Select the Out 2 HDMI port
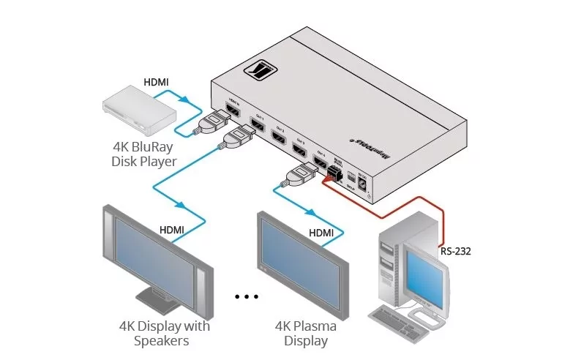coord(279,137)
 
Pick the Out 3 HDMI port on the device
coord(299,149)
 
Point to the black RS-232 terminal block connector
coord(336,174)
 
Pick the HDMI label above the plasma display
coord(321,233)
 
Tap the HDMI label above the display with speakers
coord(172,230)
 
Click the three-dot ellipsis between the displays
coord(247,297)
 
